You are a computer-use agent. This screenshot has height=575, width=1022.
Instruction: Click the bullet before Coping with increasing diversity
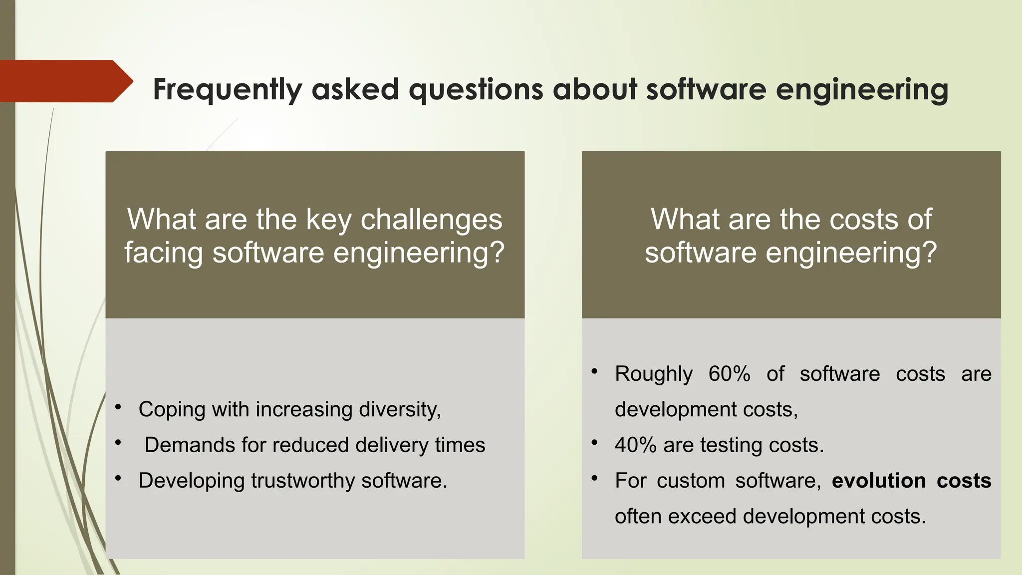[x=118, y=408]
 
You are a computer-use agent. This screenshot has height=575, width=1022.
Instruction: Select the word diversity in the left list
[x=399, y=410]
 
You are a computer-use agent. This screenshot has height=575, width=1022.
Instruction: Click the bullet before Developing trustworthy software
[x=118, y=479]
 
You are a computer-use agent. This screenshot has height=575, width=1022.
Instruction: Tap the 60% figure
[x=729, y=374]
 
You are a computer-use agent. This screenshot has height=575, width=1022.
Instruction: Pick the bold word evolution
[x=879, y=481]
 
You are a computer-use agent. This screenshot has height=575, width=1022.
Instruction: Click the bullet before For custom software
[x=594, y=479]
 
